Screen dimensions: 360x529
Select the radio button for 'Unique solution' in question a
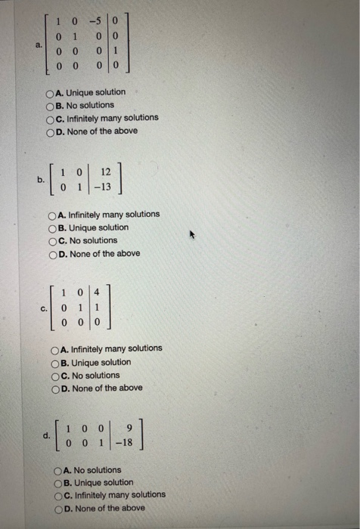point(51,92)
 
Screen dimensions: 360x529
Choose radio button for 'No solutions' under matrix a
point(51,105)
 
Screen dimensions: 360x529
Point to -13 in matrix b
point(114,187)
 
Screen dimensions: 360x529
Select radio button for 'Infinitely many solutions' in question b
point(53,215)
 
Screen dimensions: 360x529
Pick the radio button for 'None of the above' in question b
point(53,254)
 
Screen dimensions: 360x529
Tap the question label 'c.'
point(45,308)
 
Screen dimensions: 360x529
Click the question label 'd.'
point(48,435)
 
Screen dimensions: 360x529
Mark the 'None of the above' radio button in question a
point(51,131)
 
